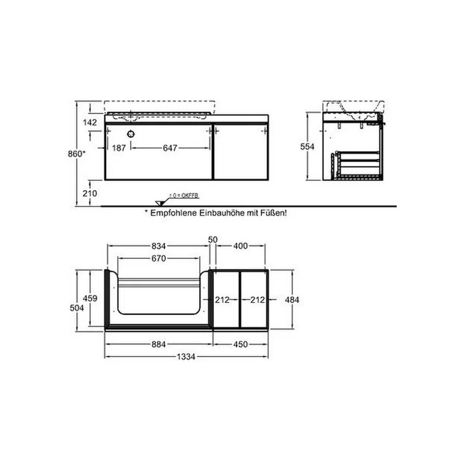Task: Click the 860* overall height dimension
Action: (x=77, y=153)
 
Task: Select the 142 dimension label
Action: (x=90, y=122)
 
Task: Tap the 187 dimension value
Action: (x=119, y=148)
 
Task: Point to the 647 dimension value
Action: (x=170, y=148)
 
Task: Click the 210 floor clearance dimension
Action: (x=90, y=193)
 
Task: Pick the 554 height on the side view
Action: (x=307, y=146)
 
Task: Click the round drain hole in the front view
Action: (x=131, y=134)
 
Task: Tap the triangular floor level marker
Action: (x=160, y=203)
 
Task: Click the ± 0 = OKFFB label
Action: (x=184, y=195)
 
